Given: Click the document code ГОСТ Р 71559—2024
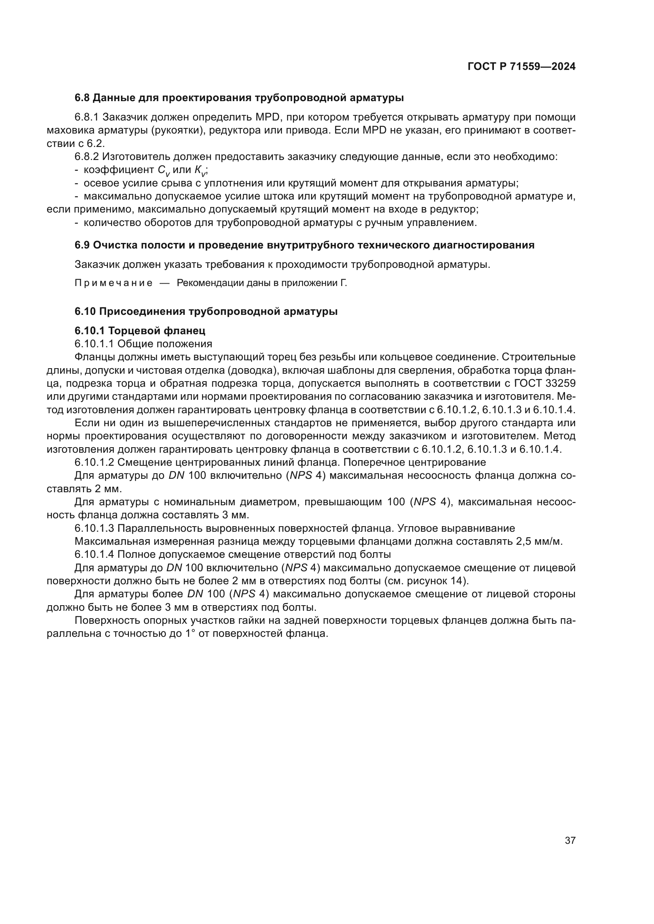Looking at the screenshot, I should point(522,67).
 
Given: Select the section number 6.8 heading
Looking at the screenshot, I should point(83,98).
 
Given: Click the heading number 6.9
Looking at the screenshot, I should point(83,245).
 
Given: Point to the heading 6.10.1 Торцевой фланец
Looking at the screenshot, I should point(140,331).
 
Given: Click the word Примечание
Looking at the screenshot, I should point(113,283).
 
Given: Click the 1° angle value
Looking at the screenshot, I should point(189,634).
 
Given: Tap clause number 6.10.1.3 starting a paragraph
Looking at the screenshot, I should point(94,529).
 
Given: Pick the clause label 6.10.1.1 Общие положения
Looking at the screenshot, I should point(143,344).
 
